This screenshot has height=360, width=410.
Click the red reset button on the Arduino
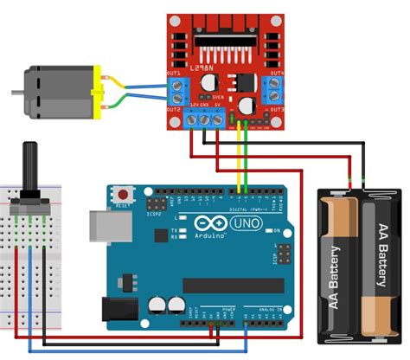[x=126, y=194]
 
